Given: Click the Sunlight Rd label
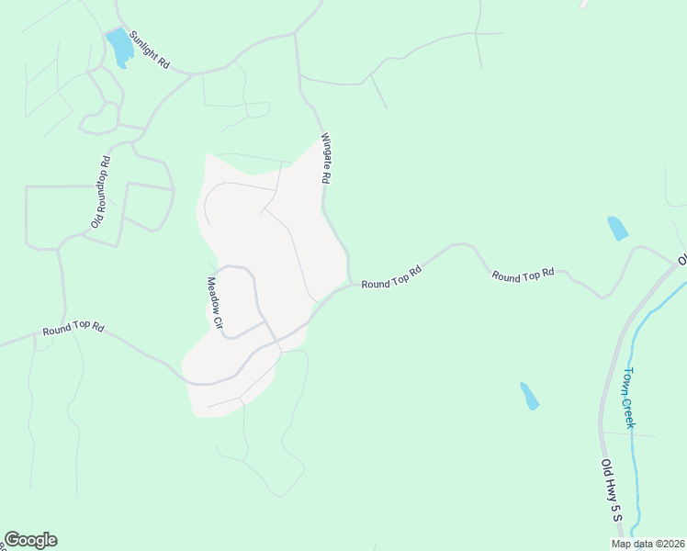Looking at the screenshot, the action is tap(151, 51).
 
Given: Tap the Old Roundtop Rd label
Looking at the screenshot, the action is tap(101, 192).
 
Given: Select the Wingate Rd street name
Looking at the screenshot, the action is tap(325, 160).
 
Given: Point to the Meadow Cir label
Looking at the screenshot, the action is tap(215, 304).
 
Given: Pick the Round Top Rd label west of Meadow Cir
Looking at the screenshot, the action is tap(73, 328).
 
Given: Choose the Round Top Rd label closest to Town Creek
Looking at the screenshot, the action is tap(524, 274).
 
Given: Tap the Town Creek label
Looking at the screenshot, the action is tap(630, 397).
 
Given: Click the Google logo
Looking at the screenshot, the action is tap(30, 540).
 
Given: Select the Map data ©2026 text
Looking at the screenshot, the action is tap(648, 544).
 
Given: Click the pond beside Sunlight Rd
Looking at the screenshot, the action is tap(119, 48).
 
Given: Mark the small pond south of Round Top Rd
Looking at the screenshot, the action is tap(529, 396).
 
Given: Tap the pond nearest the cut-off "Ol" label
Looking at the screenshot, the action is tap(617, 228).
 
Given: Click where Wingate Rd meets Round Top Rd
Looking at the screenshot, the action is tap(349, 283).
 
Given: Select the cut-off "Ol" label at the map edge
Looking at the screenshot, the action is tap(682, 260).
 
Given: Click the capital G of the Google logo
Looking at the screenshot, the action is tap(12, 540).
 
